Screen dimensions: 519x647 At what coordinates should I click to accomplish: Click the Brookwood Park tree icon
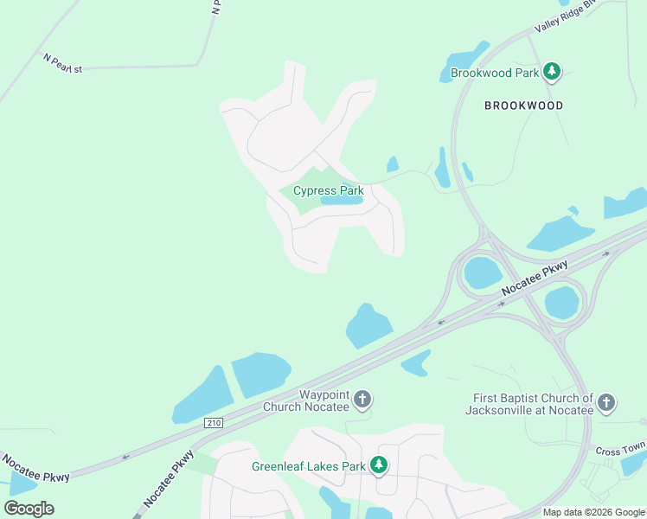pyautogui.click(x=553, y=73)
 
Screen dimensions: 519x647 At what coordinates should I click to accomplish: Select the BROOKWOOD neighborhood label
pyautogui.click(x=523, y=106)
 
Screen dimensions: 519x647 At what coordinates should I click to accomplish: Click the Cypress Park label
pyautogui.click(x=328, y=190)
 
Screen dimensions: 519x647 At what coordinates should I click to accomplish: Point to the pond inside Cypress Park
pyautogui.click(x=342, y=201)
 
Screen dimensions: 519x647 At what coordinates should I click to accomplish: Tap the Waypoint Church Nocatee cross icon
pyautogui.click(x=363, y=400)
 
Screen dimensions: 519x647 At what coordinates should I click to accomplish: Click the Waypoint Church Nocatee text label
pyautogui.click(x=324, y=400)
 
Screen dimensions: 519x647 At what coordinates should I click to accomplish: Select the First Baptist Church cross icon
pyautogui.click(x=606, y=402)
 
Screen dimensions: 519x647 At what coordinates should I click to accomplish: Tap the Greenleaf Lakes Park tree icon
pyautogui.click(x=378, y=465)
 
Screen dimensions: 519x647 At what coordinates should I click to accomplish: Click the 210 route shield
pyautogui.click(x=214, y=422)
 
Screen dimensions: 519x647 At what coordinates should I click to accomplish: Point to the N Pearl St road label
pyautogui.click(x=62, y=63)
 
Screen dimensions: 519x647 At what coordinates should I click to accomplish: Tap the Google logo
pyautogui.click(x=29, y=509)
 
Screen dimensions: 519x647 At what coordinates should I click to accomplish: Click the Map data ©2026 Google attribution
pyautogui.click(x=593, y=512)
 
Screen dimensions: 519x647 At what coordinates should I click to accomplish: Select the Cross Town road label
pyautogui.click(x=620, y=452)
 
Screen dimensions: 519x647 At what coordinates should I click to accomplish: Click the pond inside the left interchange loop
pyautogui.click(x=483, y=273)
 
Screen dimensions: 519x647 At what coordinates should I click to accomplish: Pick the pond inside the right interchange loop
pyautogui.click(x=562, y=303)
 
